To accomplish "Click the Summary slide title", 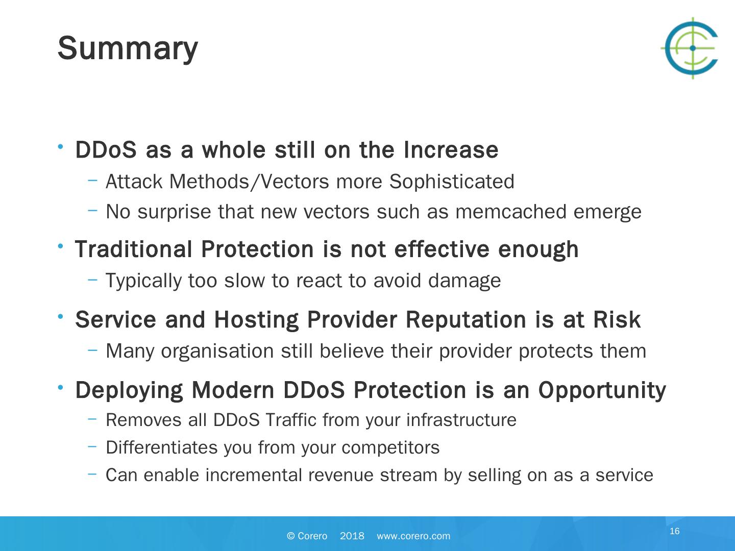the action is point(128,49).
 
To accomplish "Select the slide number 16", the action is point(675,531).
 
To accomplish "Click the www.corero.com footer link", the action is point(413,536).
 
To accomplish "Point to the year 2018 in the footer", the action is point(352,536).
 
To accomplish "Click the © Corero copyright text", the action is point(307,536).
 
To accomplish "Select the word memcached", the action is point(510,212).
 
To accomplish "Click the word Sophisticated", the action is point(452,182).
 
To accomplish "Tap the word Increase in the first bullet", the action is point(451,149).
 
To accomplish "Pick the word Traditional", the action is point(134,249).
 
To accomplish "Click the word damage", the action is point(464,281).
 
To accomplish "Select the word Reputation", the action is point(466,320).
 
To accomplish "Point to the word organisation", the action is point(217,352).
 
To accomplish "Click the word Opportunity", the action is point(602,391).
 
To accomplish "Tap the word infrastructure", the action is point(461,420).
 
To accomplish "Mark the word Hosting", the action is point(256,320).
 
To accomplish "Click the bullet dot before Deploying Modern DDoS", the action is point(60,387).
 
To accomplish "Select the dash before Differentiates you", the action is point(92,446).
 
